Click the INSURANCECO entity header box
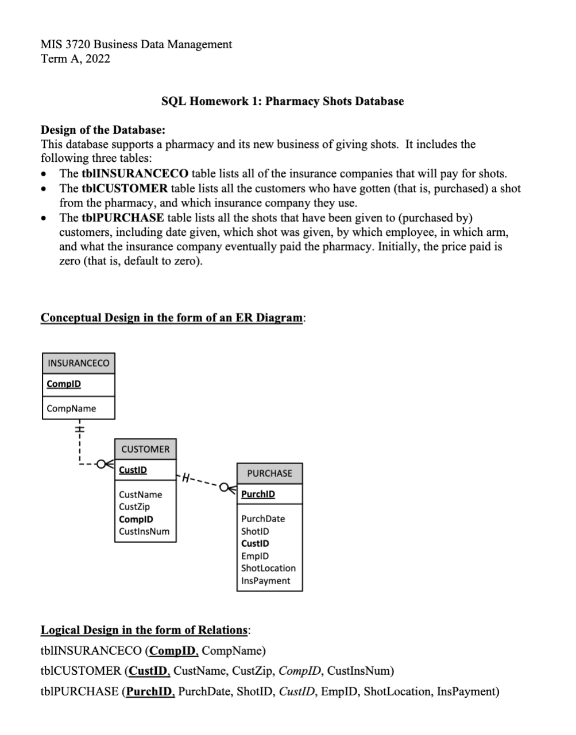(x=78, y=363)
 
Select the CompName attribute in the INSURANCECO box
(x=71, y=409)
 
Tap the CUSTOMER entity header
(x=145, y=449)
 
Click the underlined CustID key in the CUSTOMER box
(x=133, y=470)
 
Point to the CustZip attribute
(x=134, y=507)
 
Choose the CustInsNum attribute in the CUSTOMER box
(x=144, y=531)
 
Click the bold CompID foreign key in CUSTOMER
(x=136, y=519)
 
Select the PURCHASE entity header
(x=269, y=473)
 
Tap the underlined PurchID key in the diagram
(x=258, y=494)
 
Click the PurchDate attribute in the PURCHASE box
(x=263, y=519)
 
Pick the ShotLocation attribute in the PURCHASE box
(x=268, y=568)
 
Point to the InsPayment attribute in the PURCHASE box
(x=265, y=581)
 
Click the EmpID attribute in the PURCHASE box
(x=255, y=556)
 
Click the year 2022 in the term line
(x=98, y=59)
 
